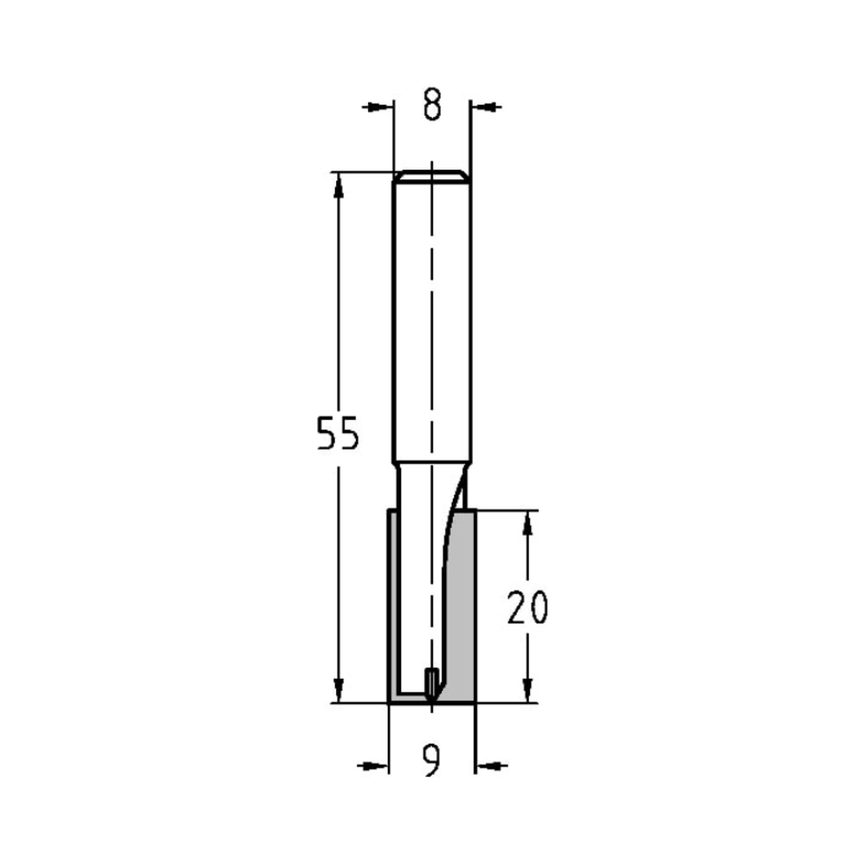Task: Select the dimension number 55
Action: [x=336, y=435]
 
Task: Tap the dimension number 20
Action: [x=527, y=608]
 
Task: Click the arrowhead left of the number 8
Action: [x=374, y=107]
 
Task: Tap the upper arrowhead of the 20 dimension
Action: [x=527, y=520]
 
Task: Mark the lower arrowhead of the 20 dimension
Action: [x=527, y=691]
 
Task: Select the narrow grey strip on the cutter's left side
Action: [x=391, y=606]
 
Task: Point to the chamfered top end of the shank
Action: [x=431, y=177]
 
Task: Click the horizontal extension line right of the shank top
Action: [x=364, y=171]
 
